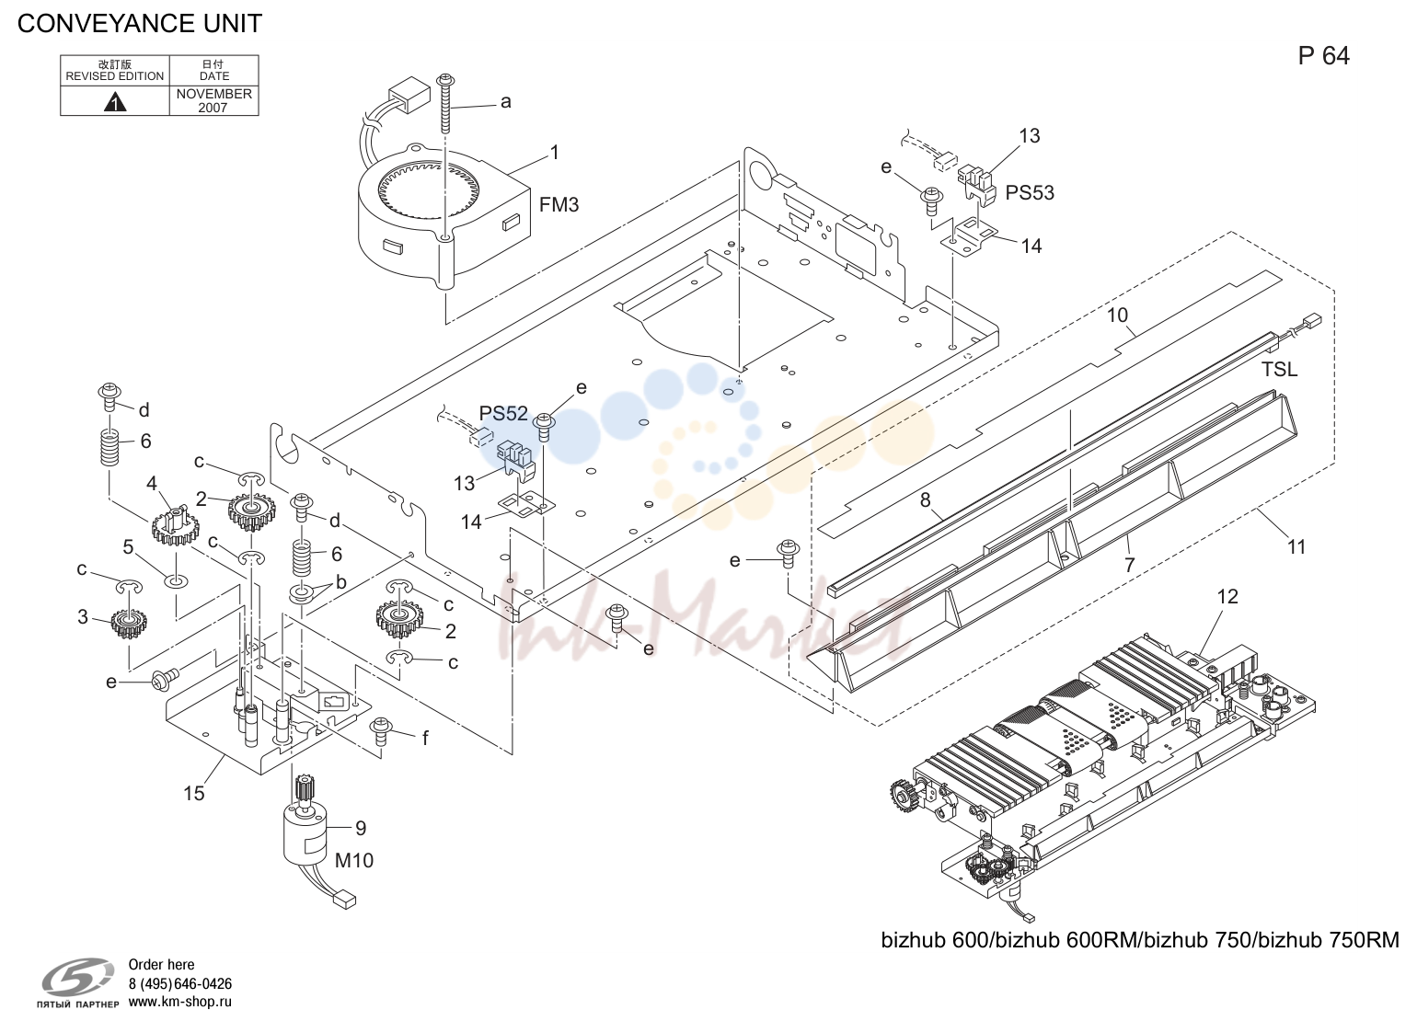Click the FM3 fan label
coord(559,205)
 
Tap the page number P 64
coord(1323,56)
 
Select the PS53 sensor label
coord(1030,192)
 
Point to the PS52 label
coord(503,413)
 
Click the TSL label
coord(1279,369)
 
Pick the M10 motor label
coord(353,860)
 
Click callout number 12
coord(1227,596)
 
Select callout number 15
coord(194,794)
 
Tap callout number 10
coord(1117,315)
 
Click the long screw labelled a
coord(446,103)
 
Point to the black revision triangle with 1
coord(115,101)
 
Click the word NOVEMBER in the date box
coord(213,94)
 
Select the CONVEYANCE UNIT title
coord(139,24)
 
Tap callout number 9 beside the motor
coord(361,828)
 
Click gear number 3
coord(129,625)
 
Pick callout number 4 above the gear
coord(151,484)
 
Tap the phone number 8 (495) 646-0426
coord(180,983)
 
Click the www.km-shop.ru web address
coord(180,1002)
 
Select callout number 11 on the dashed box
coord(1296,547)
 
